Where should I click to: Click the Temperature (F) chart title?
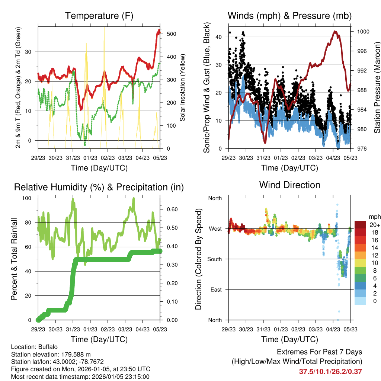click(x=99, y=16)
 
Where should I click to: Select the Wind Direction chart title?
click(x=289, y=185)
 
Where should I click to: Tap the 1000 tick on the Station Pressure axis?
click(x=363, y=32)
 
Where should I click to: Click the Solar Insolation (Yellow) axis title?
click(x=182, y=88)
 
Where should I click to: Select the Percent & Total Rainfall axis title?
click(x=14, y=259)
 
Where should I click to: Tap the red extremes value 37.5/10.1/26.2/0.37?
click(x=330, y=371)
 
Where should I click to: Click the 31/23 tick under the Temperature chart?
click(x=73, y=157)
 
